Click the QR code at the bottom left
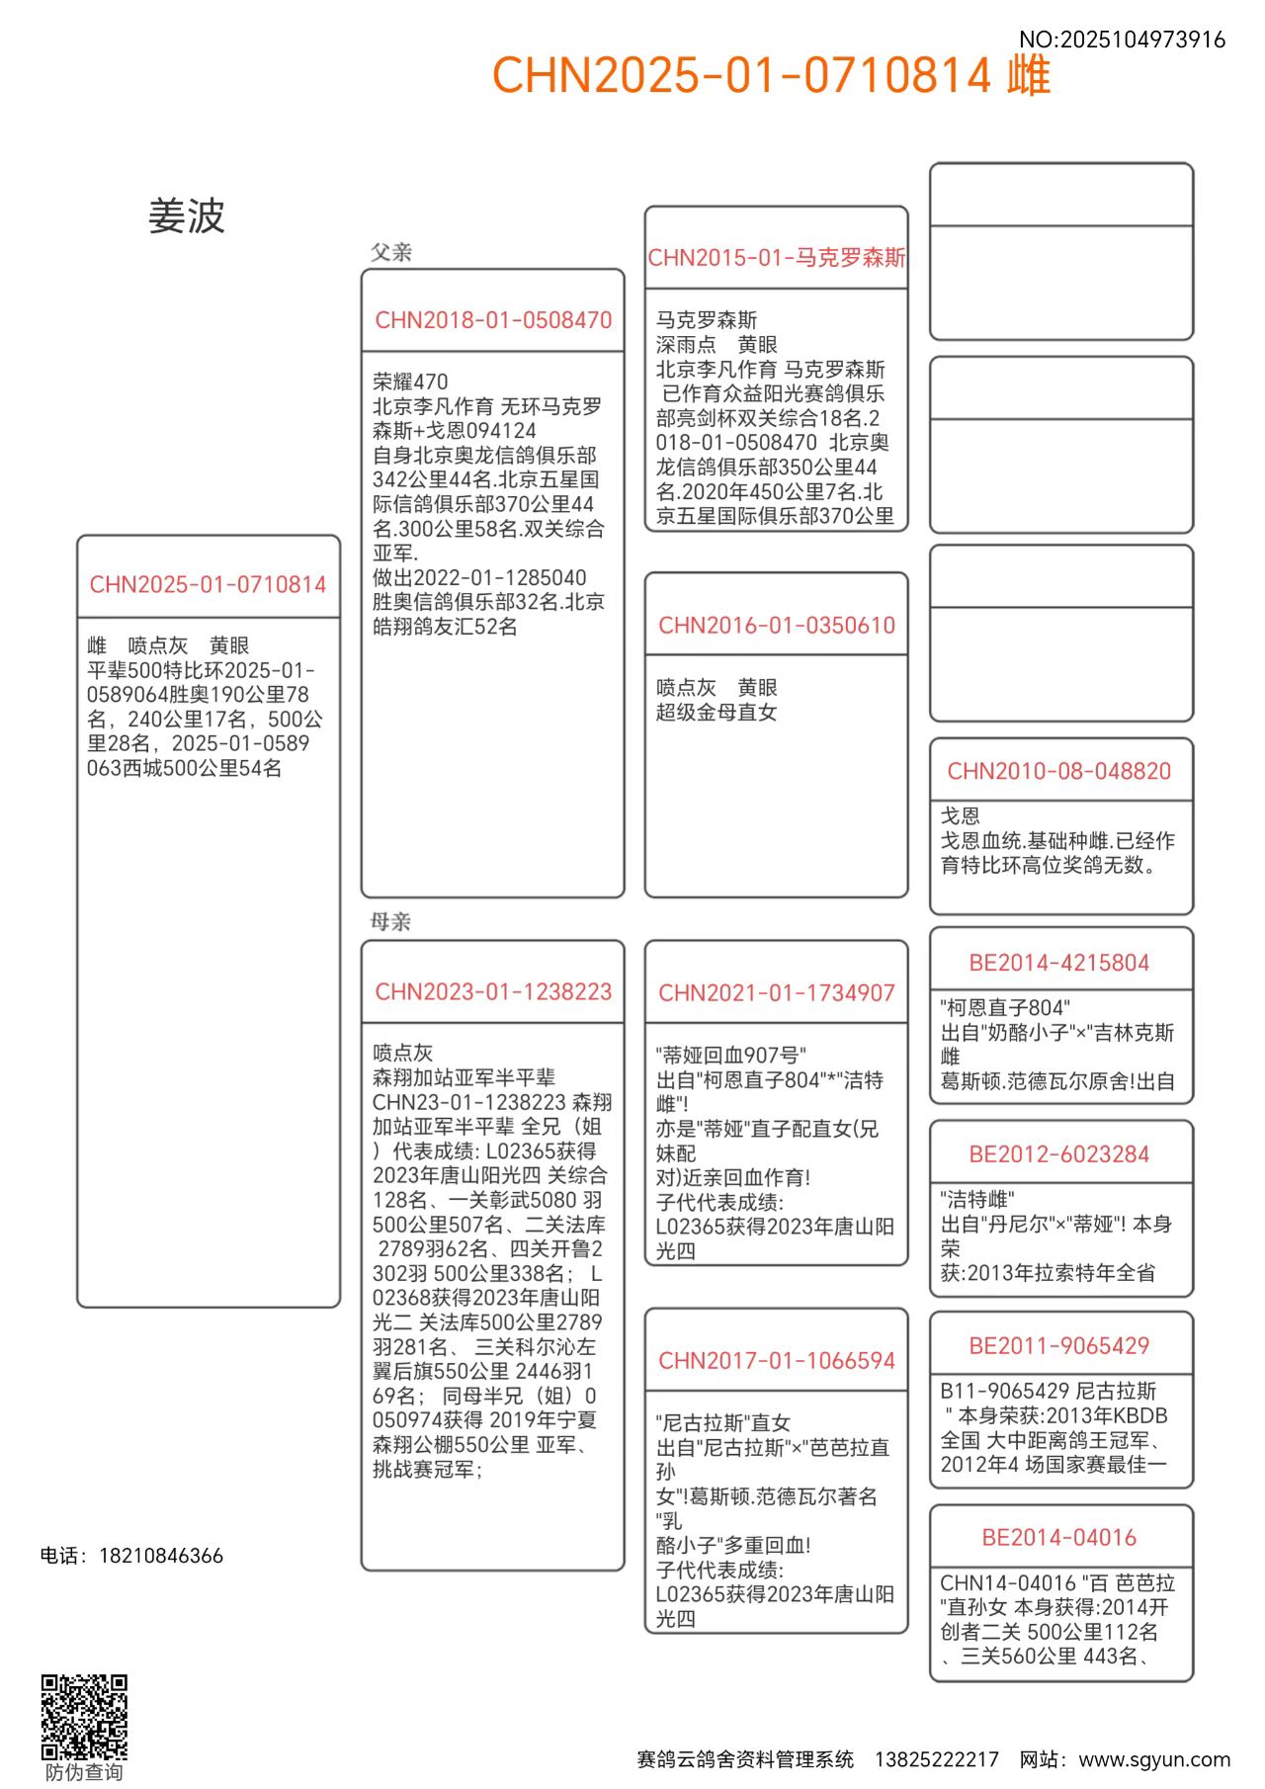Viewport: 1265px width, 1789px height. pos(84,1717)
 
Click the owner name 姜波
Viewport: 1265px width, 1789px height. pos(187,216)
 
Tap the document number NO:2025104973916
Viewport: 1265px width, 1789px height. pos(1122,40)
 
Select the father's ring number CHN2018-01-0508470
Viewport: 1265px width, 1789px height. pos(493,320)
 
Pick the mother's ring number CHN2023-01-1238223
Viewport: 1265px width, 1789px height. pos(493,991)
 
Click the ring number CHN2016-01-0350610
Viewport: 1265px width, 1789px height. pos(777,626)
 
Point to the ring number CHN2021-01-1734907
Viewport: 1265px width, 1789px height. pos(777,993)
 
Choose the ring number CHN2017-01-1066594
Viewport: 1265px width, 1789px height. pos(777,1361)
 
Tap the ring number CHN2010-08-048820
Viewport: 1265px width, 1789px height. pos(1059,771)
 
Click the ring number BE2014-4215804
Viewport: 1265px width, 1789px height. pos(1059,963)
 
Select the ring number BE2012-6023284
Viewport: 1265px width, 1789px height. pos(1059,1154)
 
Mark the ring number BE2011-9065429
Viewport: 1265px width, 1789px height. pos(1059,1346)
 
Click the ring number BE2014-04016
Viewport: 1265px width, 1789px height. pos(1059,1538)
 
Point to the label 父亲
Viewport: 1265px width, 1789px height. pos(391,252)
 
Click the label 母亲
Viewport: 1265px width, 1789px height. pos(391,922)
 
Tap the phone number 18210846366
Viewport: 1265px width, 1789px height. pos(161,1556)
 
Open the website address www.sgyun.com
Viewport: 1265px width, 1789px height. pos(1154,1759)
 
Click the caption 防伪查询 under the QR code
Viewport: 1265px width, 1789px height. pos(84,1772)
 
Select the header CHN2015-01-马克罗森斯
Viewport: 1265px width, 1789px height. pos(777,258)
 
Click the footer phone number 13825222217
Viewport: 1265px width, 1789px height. pos(937,1759)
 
